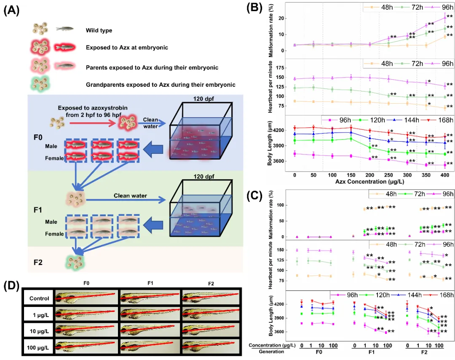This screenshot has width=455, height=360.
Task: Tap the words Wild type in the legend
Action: (x=98, y=30)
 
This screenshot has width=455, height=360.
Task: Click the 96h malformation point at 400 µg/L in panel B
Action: (x=445, y=17)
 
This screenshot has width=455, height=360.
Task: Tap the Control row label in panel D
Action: (x=39, y=298)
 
